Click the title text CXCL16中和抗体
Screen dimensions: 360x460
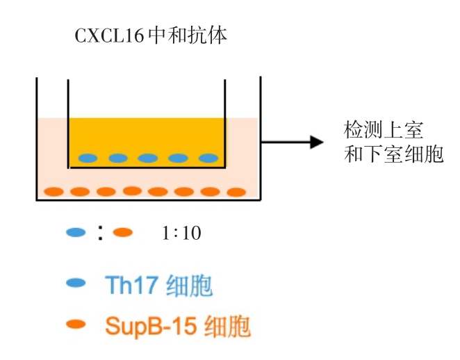coord(151,35)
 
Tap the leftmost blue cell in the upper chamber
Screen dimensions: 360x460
coord(88,158)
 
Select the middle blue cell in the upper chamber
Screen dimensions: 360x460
coord(148,158)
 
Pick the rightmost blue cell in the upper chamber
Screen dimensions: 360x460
coord(208,158)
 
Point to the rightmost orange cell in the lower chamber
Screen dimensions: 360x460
coord(236,191)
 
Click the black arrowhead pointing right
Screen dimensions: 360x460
coord(317,142)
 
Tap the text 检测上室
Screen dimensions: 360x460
coord(384,130)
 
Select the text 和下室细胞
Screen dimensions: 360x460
coord(393,154)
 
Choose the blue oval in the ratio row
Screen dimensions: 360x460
coord(76,233)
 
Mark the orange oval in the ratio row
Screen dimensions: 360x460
coord(122,233)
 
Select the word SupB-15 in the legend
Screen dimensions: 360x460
coord(150,325)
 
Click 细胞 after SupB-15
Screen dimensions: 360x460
coord(227,325)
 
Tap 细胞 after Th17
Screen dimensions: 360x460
coord(190,285)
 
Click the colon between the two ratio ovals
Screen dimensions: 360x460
coord(100,234)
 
